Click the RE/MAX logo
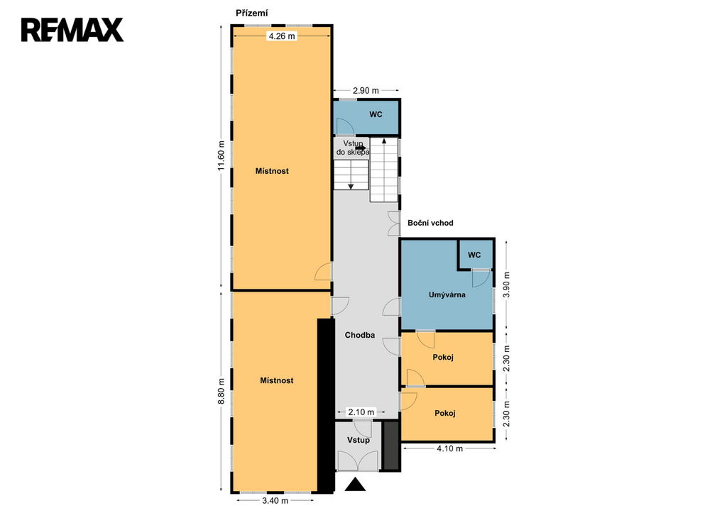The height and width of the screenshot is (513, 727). click(72, 30)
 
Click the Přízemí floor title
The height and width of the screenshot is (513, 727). click(252, 13)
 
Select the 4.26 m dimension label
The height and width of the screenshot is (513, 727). click(282, 36)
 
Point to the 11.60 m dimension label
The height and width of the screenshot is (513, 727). click(222, 155)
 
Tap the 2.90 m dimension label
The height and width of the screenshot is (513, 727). click(366, 90)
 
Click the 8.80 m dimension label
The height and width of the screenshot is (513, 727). click(222, 391)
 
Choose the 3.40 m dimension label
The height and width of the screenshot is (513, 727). click(275, 500)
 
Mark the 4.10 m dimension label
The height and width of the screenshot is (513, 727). click(449, 448)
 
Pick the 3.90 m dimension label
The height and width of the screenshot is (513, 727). click(506, 285)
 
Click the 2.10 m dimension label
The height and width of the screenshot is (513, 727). click(361, 412)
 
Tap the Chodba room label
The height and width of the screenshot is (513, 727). click(360, 335)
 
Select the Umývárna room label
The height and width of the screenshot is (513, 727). click(447, 294)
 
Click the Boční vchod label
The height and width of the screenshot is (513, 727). click(430, 223)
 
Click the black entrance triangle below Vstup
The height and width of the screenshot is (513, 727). click(356, 484)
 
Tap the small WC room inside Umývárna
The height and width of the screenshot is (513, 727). click(476, 255)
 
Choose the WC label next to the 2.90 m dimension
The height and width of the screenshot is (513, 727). click(376, 114)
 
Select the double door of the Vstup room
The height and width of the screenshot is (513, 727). click(358, 461)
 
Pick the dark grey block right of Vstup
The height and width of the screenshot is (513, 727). click(391, 446)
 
